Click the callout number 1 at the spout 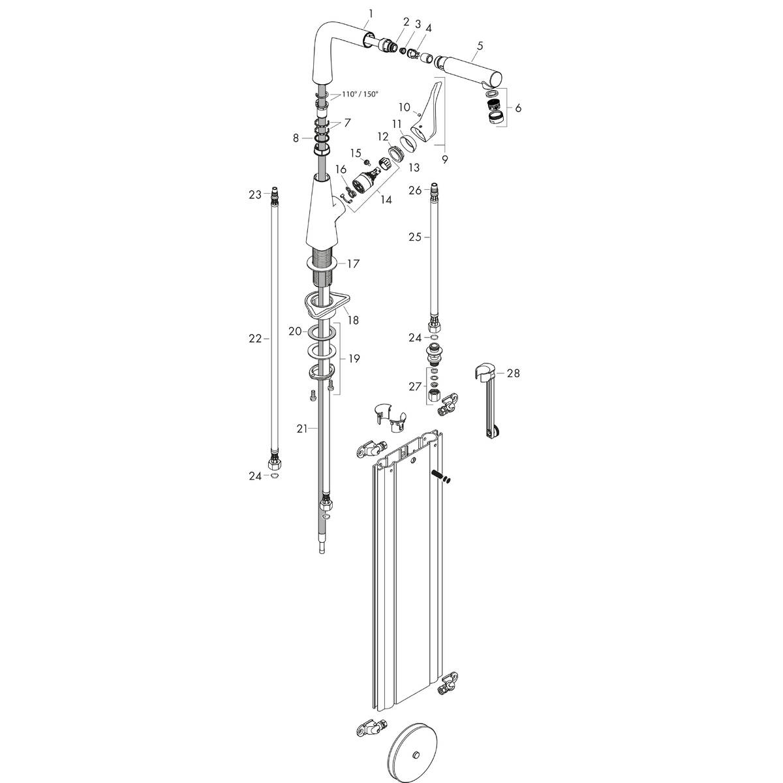(370, 13)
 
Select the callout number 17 (353, 264)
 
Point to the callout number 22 (254, 338)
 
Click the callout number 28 (514, 373)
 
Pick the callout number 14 (386, 200)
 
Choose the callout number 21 (301, 429)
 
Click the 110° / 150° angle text (360, 94)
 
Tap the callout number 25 (415, 237)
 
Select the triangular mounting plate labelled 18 (326, 303)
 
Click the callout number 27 (415, 386)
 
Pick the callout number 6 (518, 108)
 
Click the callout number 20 (295, 331)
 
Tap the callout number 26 (415, 191)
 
